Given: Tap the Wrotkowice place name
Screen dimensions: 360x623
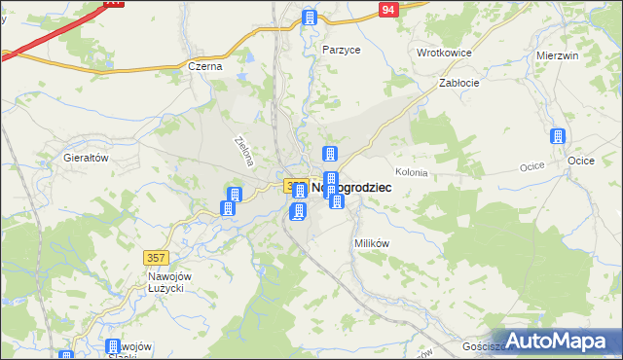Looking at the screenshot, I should click(444, 53).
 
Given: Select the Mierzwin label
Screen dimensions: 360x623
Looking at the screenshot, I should click(558, 56).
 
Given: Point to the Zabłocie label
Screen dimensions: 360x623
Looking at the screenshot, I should click(458, 84).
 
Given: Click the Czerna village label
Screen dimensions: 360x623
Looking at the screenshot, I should click(205, 67).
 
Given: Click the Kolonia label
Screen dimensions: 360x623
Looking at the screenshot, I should click(411, 172).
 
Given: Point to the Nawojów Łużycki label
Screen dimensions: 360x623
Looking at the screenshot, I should click(173, 283).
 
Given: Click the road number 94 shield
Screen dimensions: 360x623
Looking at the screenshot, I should click(389, 10).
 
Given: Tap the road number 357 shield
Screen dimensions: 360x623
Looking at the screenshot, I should click(156, 258).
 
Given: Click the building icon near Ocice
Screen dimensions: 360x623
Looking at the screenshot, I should click(558, 138).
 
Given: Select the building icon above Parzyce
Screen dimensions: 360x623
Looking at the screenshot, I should click(310, 18).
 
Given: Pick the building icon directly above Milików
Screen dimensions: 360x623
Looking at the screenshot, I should click(337, 202).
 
